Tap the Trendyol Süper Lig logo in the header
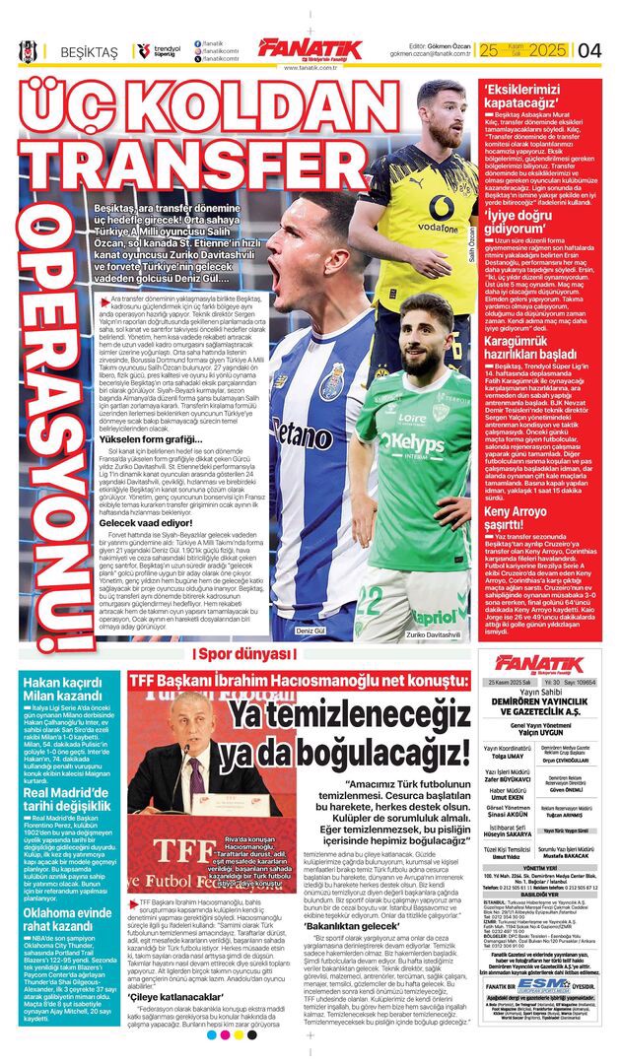pyautogui.click(x=158, y=49)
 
